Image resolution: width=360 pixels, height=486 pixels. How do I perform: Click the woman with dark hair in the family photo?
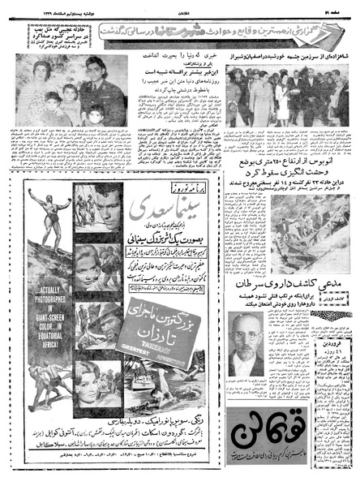coord(39,81)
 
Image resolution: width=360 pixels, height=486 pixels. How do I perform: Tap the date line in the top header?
coord(49,6)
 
